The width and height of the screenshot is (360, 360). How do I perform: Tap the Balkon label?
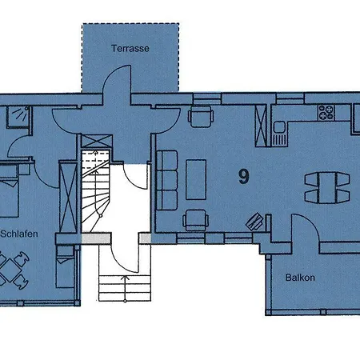coord(299,278)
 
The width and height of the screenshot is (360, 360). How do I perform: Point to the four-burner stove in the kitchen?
coord(326,112)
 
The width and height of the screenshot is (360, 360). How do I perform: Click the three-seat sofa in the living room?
coord(168,179)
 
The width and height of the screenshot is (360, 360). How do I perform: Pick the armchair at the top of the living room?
coord(197,116)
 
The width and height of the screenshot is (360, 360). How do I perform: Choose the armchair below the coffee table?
coord(194,220)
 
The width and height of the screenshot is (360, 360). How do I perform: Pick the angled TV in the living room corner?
coord(254,219)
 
